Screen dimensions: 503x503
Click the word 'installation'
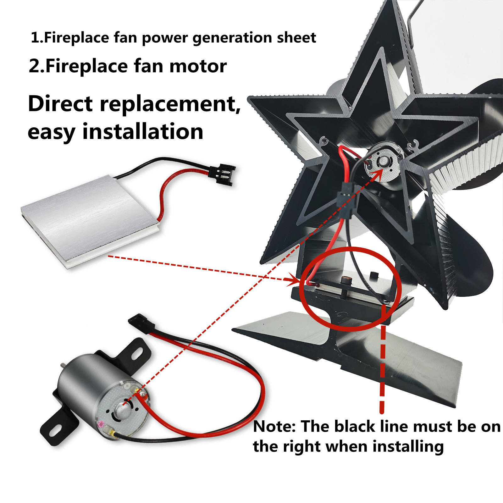(143, 131)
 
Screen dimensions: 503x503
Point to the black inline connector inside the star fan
(345, 198)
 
